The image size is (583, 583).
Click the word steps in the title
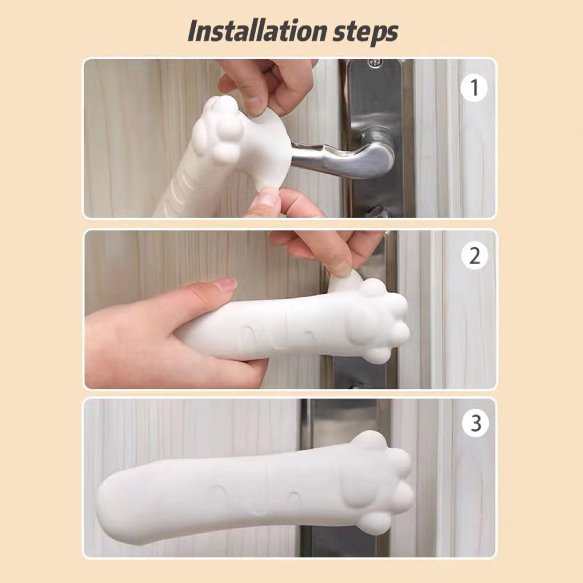[366, 32]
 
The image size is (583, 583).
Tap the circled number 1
[474, 88]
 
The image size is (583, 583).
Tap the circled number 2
[475, 256]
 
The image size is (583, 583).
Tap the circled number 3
[475, 423]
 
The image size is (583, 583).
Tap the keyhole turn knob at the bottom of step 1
[376, 212]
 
